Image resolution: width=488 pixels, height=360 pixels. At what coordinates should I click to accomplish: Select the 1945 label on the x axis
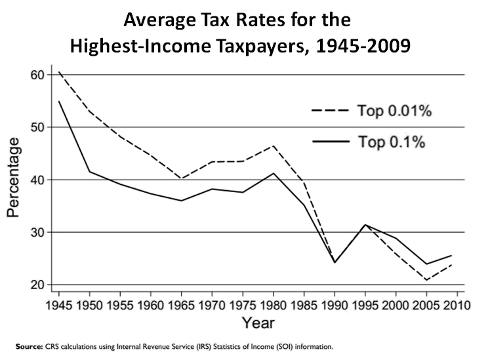click(x=58, y=304)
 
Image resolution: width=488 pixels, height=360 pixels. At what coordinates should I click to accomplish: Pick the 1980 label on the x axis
click(x=273, y=304)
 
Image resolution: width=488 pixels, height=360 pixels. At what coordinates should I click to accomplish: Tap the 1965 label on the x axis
click(x=181, y=304)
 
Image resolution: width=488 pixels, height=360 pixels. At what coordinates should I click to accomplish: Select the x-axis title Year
click(x=258, y=323)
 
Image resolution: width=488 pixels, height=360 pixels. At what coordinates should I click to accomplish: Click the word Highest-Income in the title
click(x=154, y=48)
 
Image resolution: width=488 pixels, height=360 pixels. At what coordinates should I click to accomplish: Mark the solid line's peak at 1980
click(x=273, y=173)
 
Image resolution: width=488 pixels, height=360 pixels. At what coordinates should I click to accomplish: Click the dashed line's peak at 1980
click(x=273, y=146)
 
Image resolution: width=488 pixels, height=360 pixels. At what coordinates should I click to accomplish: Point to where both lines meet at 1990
click(x=335, y=262)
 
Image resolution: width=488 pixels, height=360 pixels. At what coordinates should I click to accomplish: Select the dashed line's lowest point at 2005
click(x=426, y=280)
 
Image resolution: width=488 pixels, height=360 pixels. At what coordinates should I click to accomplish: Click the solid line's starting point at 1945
click(x=58, y=101)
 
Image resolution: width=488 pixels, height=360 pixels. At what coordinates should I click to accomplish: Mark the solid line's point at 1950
click(x=89, y=172)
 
